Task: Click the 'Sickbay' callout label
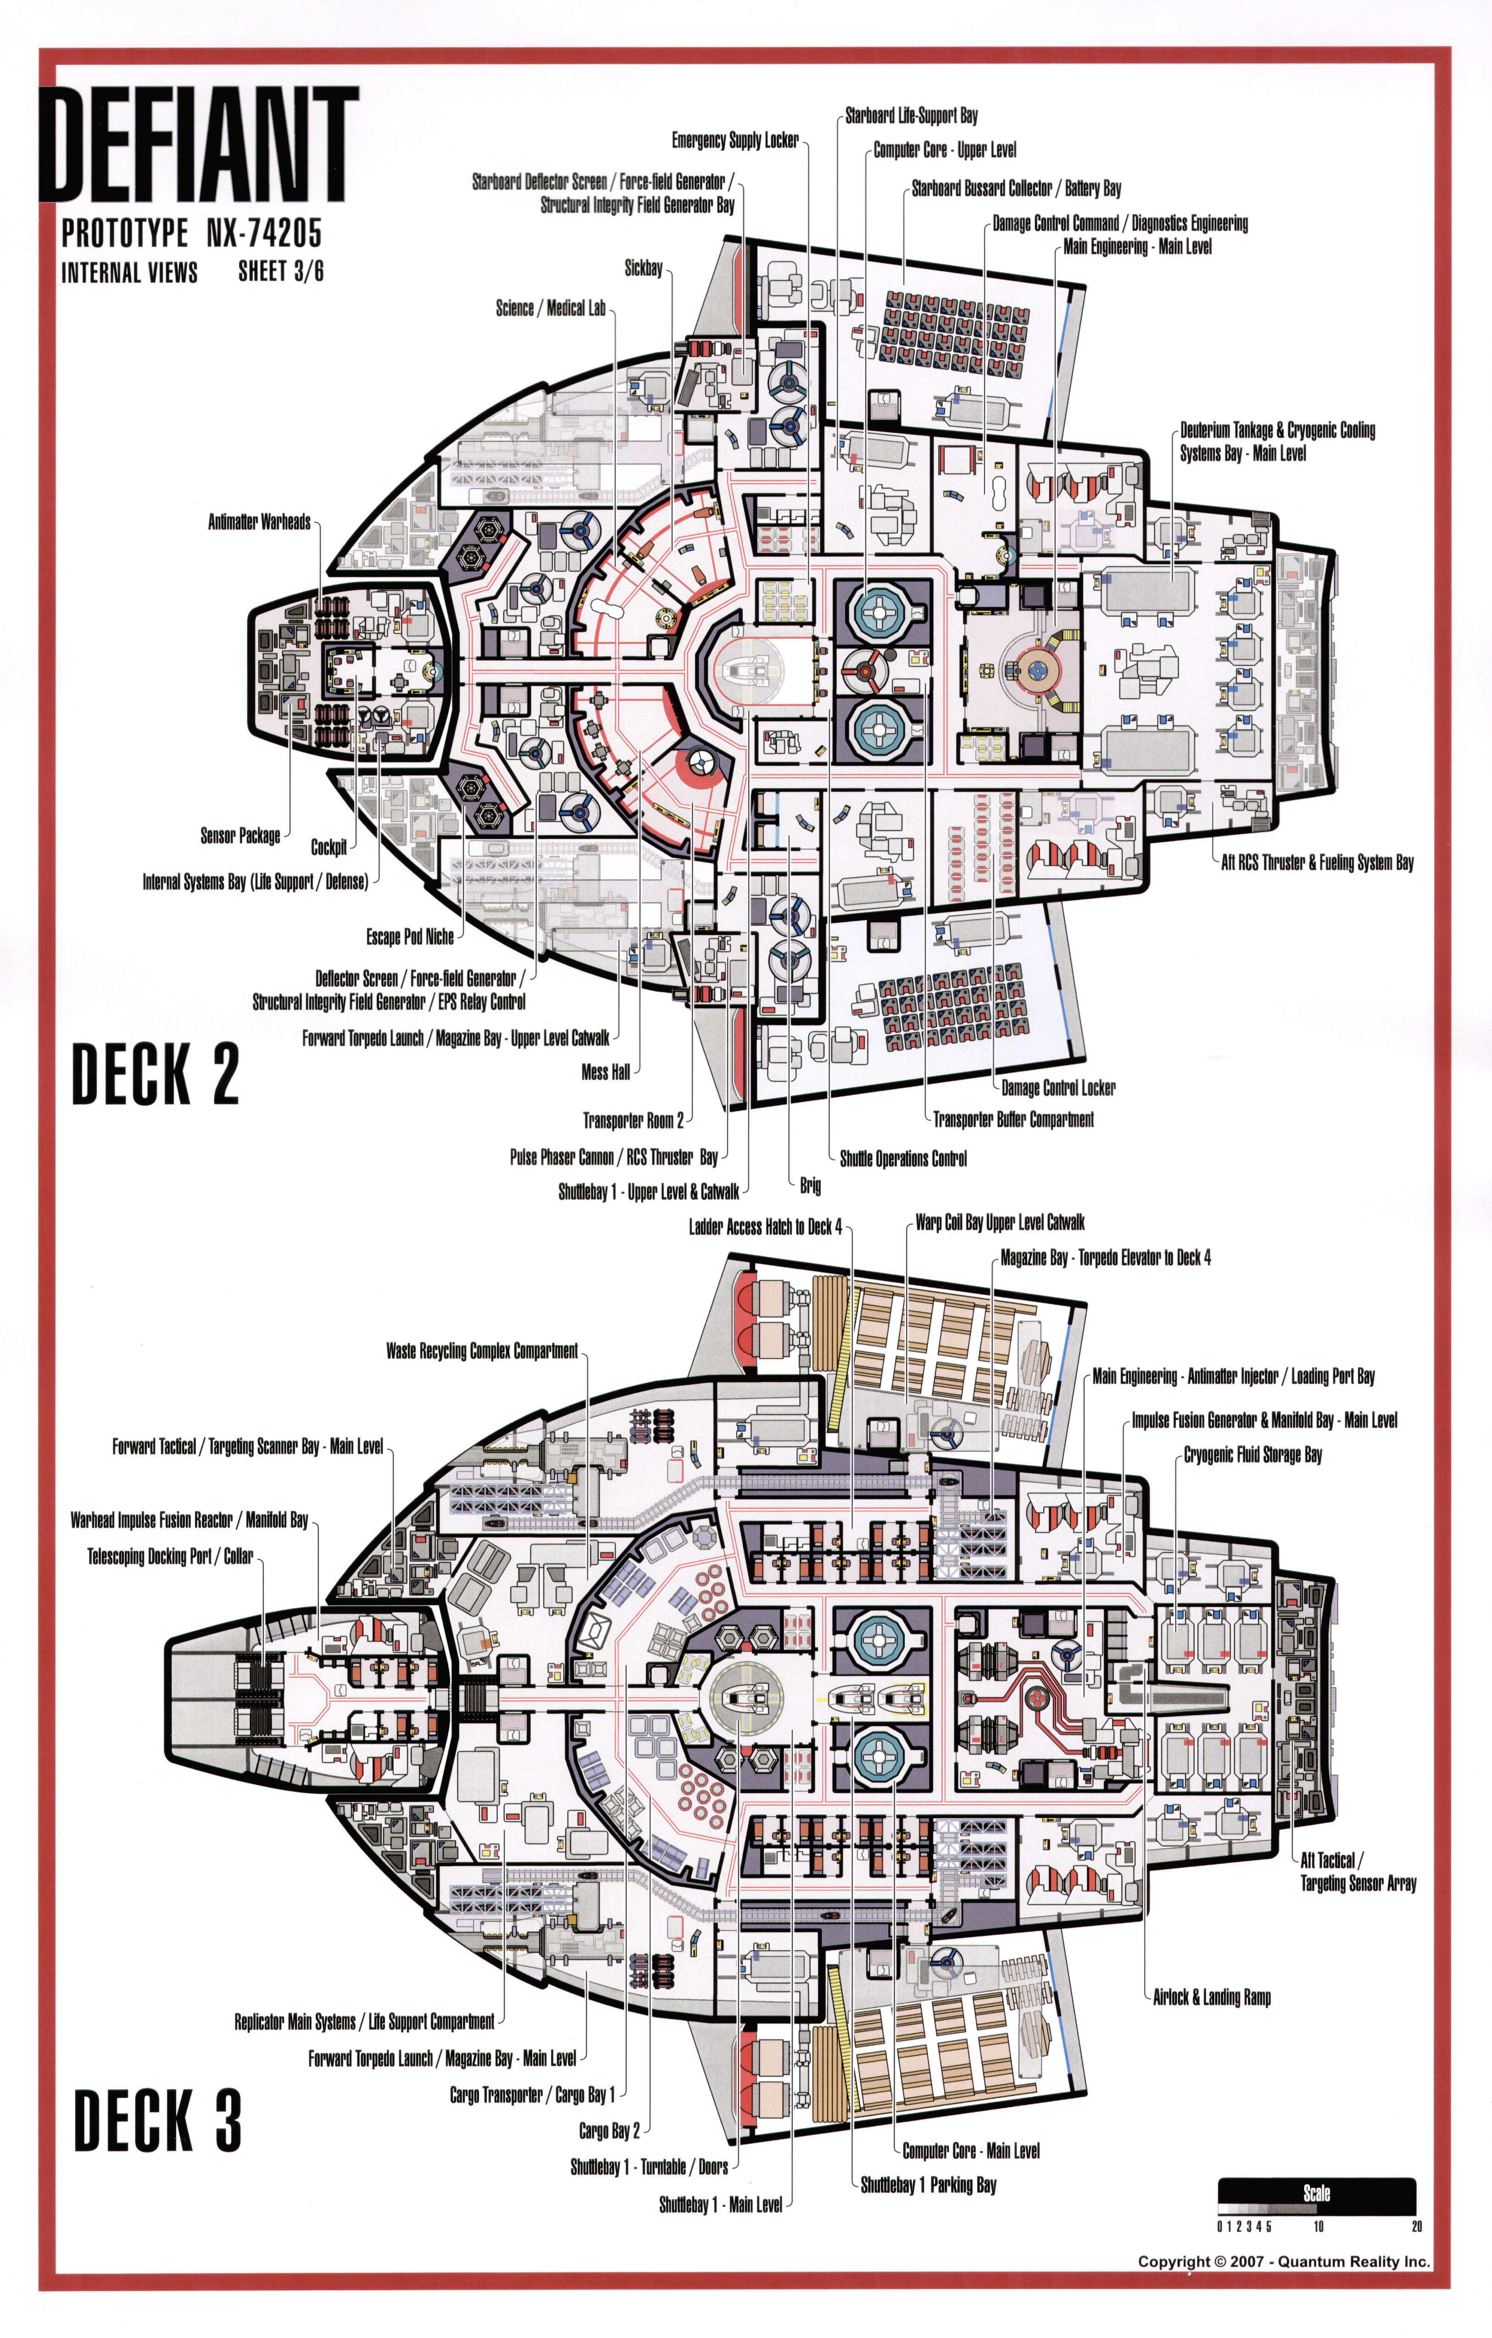click(x=643, y=268)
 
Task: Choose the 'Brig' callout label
click(x=810, y=1185)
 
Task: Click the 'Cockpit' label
click(x=328, y=847)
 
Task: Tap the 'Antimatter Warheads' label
click(x=259, y=522)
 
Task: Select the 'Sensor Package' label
click(x=240, y=835)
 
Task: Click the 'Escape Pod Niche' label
click(x=410, y=937)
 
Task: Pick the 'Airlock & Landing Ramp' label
click(x=1212, y=1997)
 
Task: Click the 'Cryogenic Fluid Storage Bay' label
click(x=1252, y=1454)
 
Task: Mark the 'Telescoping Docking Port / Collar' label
click(x=170, y=1556)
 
